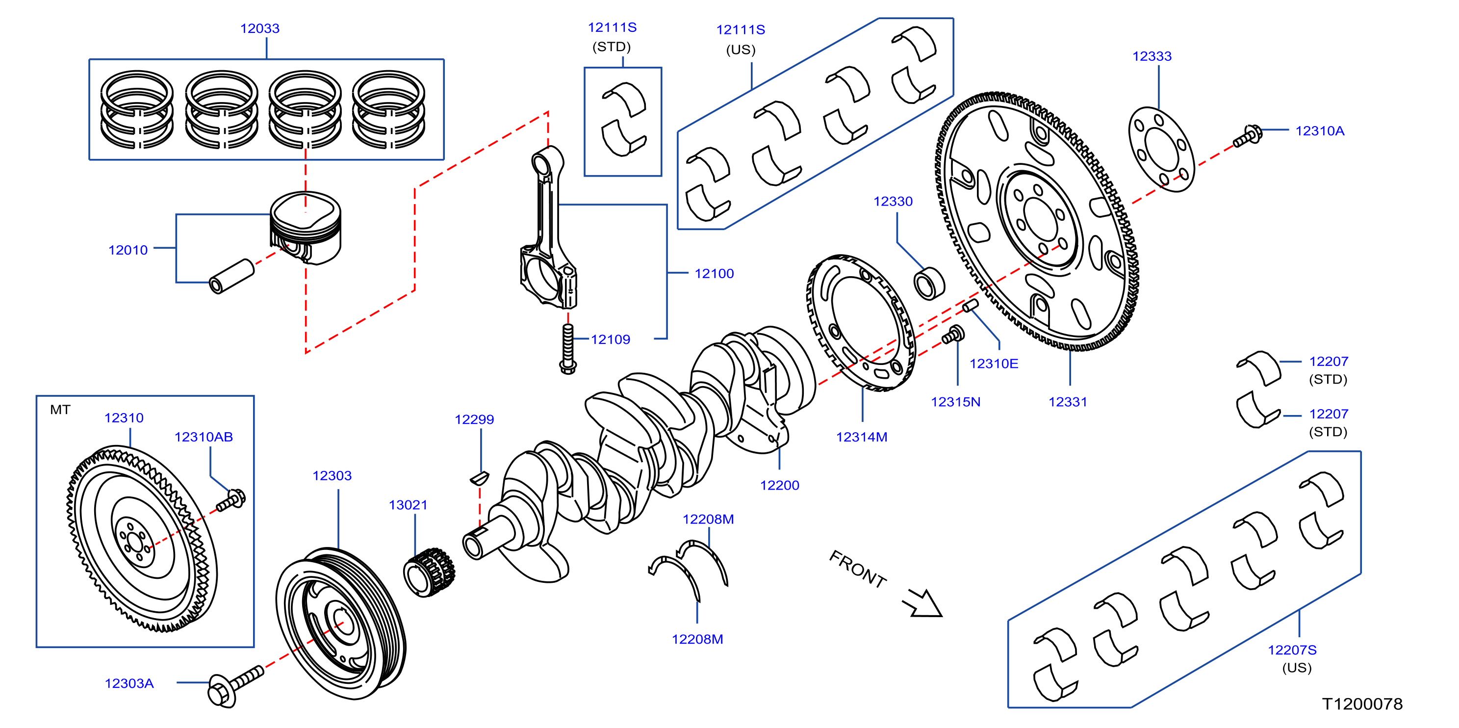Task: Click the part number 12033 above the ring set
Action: (260, 28)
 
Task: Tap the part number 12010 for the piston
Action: (128, 250)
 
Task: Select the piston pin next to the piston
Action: (231, 277)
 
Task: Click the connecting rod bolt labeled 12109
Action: (567, 348)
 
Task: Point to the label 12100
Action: (714, 274)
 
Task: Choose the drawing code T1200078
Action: (1362, 703)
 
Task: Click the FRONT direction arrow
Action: (922, 603)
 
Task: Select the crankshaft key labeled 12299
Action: (479, 478)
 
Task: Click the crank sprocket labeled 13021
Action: (429, 572)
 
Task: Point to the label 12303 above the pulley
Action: (332, 476)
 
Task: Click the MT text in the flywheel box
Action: (60, 410)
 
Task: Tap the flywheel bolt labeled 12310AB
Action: (231, 501)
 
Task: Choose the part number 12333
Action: (1152, 56)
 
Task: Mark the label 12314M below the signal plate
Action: (862, 437)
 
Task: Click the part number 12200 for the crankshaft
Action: (779, 486)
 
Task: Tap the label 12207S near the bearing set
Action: (1292, 650)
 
